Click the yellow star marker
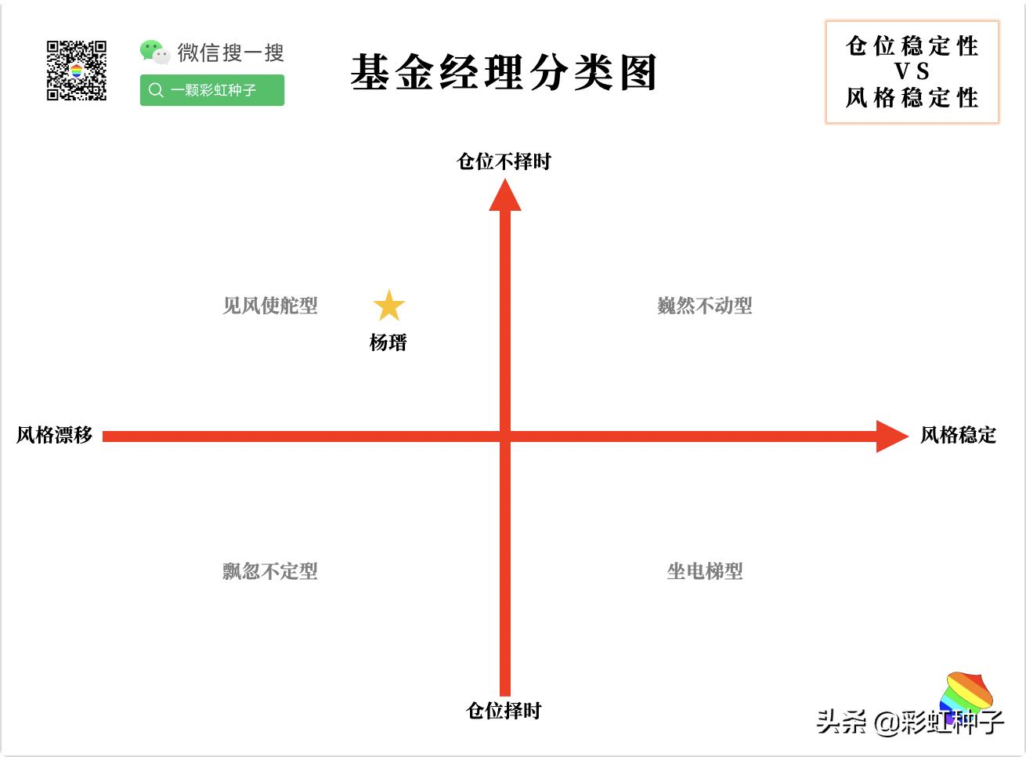[x=388, y=306]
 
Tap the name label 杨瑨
[x=388, y=342]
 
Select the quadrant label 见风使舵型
[x=270, y=306]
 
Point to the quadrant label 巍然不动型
[x=704, y=306]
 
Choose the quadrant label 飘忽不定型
[x=270, y=571]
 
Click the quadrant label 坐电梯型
[x=704, y=571]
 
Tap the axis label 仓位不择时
[x=504, y=161]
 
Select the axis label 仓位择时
[x=504, y=711]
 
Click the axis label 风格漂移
[x=54, y=435]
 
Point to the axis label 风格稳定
[x=958, y=435]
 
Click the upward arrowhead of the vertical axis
[x=505, y=196]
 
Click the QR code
[x=77, y=71]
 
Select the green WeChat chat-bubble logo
[x=154, y=52]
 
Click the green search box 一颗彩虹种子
[x=212, y=90]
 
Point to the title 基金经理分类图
[x=504, y=73]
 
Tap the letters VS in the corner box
[x=912, y=71]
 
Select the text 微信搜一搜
[x=230, y=53]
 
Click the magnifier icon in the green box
[x=156, y=90]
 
